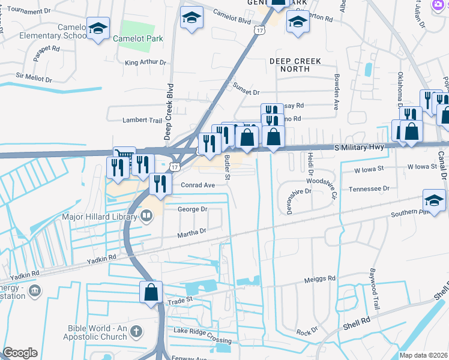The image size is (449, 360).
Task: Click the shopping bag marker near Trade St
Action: (151, 292)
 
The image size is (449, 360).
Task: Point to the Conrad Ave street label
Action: (197, 185)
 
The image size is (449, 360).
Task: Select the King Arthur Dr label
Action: (145, 62)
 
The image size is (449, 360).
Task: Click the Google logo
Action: (20, 353)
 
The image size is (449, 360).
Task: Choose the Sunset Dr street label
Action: (246, 92)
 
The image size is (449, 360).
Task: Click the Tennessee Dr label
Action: (369, 188)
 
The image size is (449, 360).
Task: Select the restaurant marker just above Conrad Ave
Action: (159, 184)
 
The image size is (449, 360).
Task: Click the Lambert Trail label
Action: (142, 120)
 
